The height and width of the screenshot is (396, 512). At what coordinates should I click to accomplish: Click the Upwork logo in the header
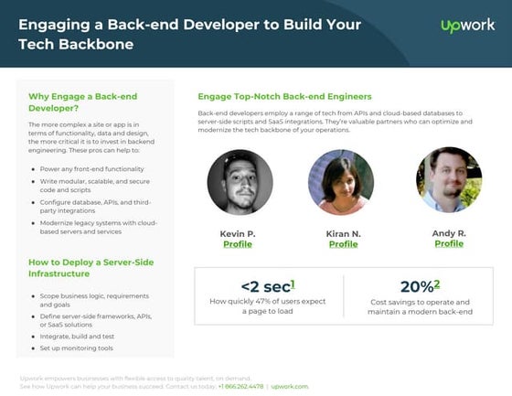click(x=467, y=27)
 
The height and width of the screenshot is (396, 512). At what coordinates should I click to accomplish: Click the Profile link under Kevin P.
click(x=238, y=244)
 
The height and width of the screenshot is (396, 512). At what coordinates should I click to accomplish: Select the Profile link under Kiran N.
click(x=343, y=244)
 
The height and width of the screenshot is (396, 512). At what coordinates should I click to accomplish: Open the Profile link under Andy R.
click(x=449, y=243)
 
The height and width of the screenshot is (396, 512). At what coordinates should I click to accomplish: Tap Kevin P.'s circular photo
click(x=240, y=182)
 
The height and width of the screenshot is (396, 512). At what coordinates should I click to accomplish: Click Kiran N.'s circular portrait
click(x=341, y=182)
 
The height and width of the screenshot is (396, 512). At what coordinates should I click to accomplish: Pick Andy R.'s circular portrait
click(x=448, y=180)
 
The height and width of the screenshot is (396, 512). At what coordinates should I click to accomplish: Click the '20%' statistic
click(x=421, y=287)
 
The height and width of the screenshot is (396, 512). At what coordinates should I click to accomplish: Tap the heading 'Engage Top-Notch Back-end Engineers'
click(x=284, y=96)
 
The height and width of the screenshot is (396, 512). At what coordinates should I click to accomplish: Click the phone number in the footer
click(x=240, y=386)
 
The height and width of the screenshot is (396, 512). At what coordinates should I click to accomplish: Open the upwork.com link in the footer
click(x=290, y=386)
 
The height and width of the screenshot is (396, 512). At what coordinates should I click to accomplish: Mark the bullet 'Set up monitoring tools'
click(x=76, y=348)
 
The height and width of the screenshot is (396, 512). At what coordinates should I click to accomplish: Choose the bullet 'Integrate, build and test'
click(x=80, y=337)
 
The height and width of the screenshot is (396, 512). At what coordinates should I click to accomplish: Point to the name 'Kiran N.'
click(x=343, y=234)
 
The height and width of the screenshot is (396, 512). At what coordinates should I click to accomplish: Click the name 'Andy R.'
click(x=449, y=233)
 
